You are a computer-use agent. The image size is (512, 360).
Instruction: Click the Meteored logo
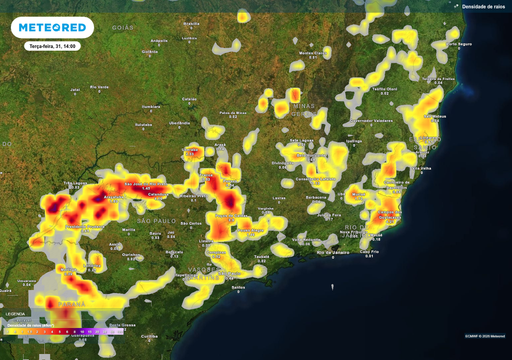[52, 27]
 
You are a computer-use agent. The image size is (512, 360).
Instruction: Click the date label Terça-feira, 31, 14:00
[52, 46]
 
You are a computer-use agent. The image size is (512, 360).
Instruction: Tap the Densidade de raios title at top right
[483, 6]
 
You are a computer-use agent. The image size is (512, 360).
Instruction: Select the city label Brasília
[191, 23]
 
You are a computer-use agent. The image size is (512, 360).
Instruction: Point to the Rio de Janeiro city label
[333, 252]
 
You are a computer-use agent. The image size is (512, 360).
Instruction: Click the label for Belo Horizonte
[313, 155]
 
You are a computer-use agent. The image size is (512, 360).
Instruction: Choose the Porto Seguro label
[459, 44]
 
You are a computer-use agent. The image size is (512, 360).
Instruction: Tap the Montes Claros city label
[313, 53]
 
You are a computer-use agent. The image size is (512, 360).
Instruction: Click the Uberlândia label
[179, 122]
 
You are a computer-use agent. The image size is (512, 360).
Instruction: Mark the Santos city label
[238, 287]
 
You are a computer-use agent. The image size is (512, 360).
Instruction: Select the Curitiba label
[149, 336]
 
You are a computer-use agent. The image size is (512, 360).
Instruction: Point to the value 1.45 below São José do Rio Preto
[146, 188]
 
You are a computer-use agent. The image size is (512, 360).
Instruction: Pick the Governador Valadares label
[371, 120]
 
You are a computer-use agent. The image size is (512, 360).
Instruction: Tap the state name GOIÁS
[123, 27]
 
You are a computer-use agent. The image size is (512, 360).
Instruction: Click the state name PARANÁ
[72, 304]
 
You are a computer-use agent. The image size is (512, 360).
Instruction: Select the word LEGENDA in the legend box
[15, 314]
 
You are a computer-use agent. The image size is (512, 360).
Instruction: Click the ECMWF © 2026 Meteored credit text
[484, 336]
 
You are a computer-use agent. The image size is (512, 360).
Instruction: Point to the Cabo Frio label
[369, 251]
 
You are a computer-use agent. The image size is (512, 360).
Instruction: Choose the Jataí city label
[75, 89]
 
